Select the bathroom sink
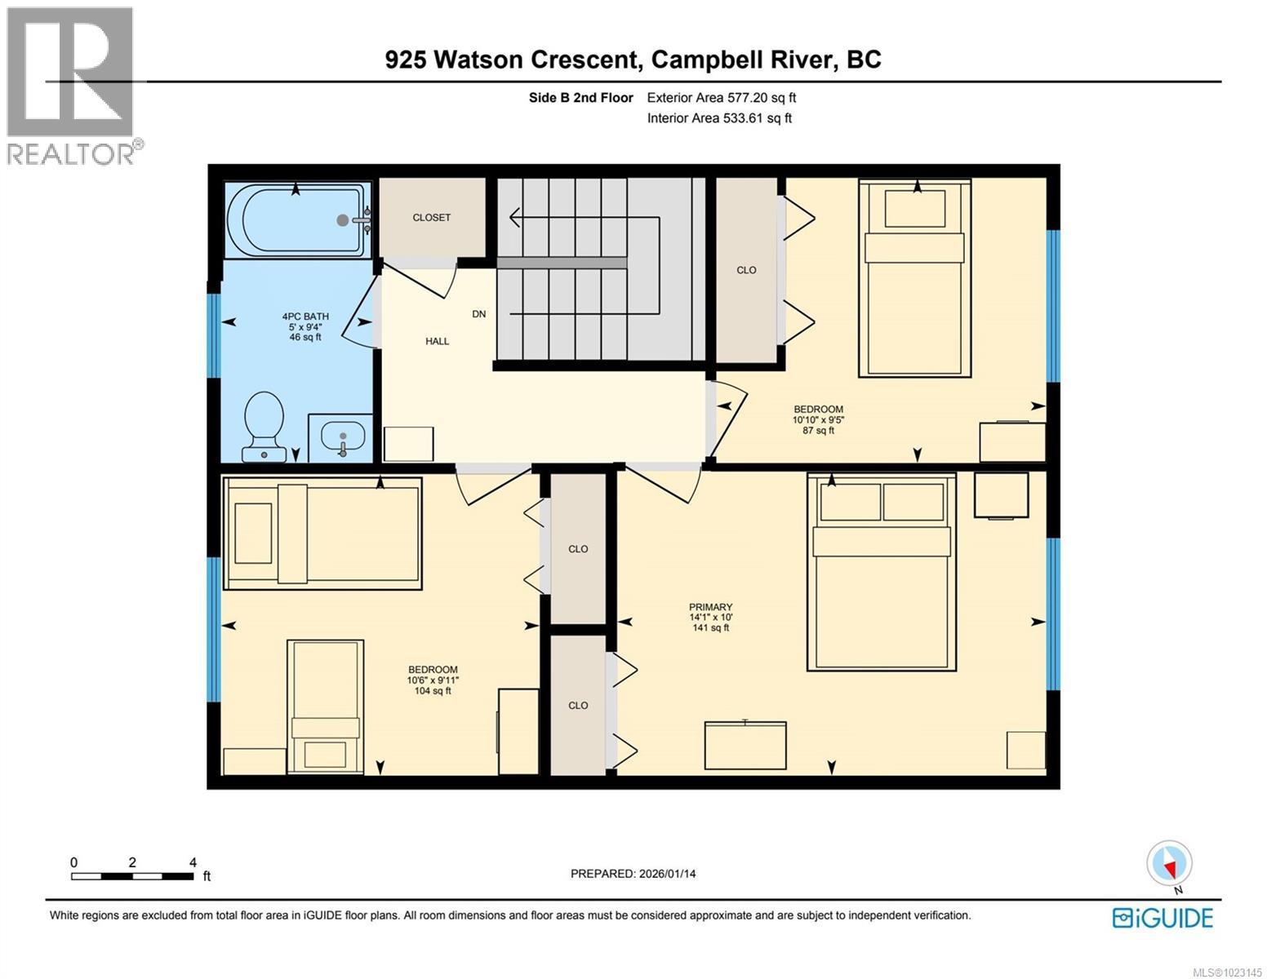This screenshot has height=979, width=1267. point(342,438)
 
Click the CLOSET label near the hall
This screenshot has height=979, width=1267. point(431,218)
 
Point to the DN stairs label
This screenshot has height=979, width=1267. point(479,314)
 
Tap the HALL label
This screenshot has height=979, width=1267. point(437,341)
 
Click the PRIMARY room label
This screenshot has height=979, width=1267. point(710,607)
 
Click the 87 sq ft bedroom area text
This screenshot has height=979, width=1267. point(818,431)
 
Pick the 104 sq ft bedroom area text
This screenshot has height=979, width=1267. point(433,691)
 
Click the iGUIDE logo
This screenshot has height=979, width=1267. point(1163,917)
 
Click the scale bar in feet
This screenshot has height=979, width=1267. point(133,876)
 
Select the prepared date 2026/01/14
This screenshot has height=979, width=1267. point(633,874)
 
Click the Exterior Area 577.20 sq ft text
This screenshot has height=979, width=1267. point(721,98)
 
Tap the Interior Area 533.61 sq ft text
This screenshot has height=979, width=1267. point(719,118)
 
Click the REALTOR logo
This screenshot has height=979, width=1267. point(72,86)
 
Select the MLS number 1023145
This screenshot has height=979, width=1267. point(1227,972)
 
